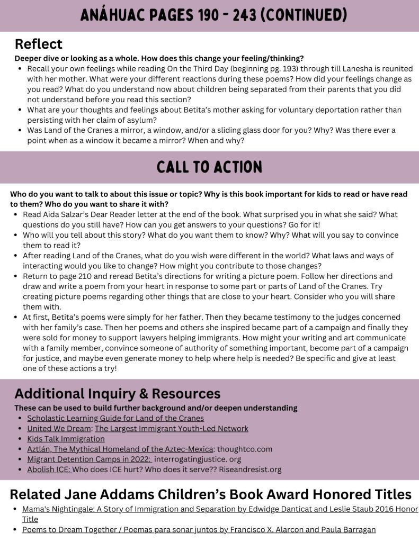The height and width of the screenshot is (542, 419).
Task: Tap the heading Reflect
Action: (x=38, y=44)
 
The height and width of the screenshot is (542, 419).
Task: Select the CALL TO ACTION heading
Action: (x=209, y=167)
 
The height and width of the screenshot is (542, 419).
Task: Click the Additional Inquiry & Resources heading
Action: (x=117, y=394)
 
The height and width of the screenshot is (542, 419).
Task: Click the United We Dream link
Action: (x=59, y=428)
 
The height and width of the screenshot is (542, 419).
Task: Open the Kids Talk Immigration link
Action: (x=66, y=439)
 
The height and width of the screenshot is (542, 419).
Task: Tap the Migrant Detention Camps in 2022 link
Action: (x=89, y=459)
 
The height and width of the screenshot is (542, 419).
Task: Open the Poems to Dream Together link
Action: (x=199, y=529)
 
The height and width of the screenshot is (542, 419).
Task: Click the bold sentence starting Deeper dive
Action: (x=159, y=58)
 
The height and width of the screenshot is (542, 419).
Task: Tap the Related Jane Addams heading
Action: (x=210, y=494)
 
